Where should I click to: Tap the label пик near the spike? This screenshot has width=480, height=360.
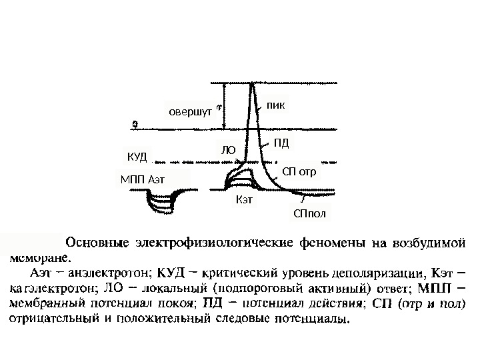point(275,105)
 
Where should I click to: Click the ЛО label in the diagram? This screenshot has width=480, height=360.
point(229,151)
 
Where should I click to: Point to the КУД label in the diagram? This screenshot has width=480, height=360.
point(136,157)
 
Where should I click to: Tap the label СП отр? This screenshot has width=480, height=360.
point(299,171)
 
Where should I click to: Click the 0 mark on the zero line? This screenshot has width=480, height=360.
point(136,123)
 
